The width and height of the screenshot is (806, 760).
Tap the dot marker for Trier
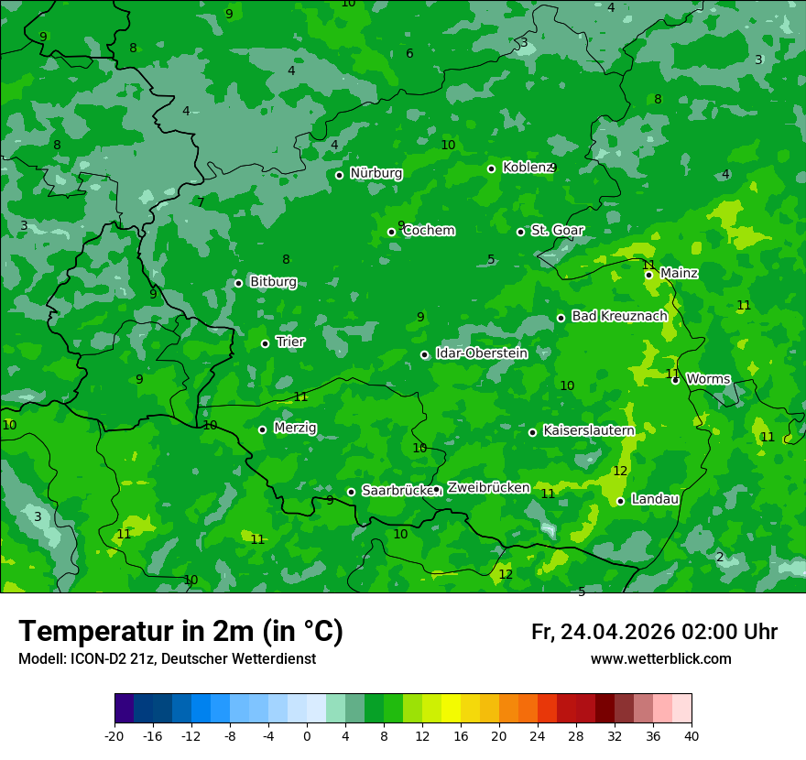(x=265, y=343)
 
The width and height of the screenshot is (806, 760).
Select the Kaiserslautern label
(x=589, y=430)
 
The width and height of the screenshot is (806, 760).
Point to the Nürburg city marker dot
(x=339, y=175)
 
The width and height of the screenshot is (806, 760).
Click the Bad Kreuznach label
(x=619, y=316)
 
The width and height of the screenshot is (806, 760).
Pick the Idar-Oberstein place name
(x=481, y=353)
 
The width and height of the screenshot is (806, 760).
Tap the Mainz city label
(x=679, y=273)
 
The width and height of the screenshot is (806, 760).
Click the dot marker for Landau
(x=620, y=501)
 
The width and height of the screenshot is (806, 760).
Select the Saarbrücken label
(x=397, y=491)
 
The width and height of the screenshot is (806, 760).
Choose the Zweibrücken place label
(x=488, y=488)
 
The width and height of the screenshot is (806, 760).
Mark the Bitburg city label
(x=273, y=282)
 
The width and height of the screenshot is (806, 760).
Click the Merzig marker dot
(x=262, y=429)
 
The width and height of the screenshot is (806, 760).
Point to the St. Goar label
(x=557, y=230)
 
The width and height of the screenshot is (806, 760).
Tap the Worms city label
(x=707, y=379)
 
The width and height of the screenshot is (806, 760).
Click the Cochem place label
(x=429, y=230)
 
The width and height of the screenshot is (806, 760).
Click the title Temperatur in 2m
(x=180, y=631)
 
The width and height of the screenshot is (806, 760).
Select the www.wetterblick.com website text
(x=660, y=659)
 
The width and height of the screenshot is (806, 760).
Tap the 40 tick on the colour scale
(x=692, y=736)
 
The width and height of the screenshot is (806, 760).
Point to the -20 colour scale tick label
(x=114, y=736)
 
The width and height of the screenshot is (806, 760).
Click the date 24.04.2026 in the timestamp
(x=616, y=632)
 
